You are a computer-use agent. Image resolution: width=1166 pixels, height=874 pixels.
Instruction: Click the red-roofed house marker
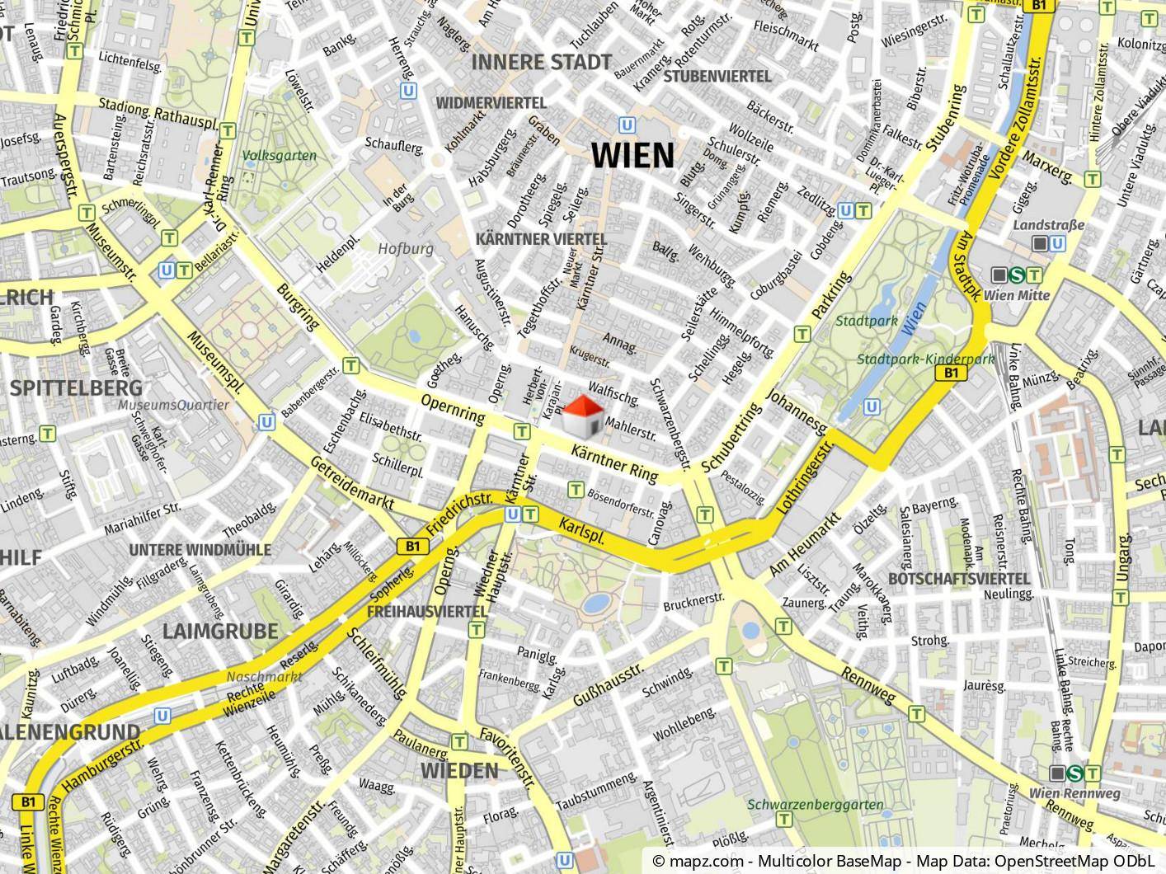[583, 415]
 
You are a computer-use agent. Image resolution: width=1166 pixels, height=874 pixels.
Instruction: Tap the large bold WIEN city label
[632, 155]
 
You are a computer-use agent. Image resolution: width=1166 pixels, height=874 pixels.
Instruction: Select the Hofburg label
[405, 248]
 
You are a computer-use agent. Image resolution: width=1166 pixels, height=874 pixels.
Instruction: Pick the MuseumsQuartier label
[173, 405]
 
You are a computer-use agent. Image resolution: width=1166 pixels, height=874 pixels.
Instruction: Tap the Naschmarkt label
[265, 676]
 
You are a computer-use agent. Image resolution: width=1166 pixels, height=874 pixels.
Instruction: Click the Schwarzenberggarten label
[816, 805]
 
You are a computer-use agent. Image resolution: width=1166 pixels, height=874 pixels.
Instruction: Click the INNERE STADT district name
[542, 62]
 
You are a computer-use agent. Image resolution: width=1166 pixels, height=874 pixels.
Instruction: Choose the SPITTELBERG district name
[77, 388]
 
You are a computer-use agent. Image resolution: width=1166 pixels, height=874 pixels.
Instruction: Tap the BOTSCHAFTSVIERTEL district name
[960, 579]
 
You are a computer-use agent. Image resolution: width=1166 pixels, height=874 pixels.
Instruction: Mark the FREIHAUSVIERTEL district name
[426, 612]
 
